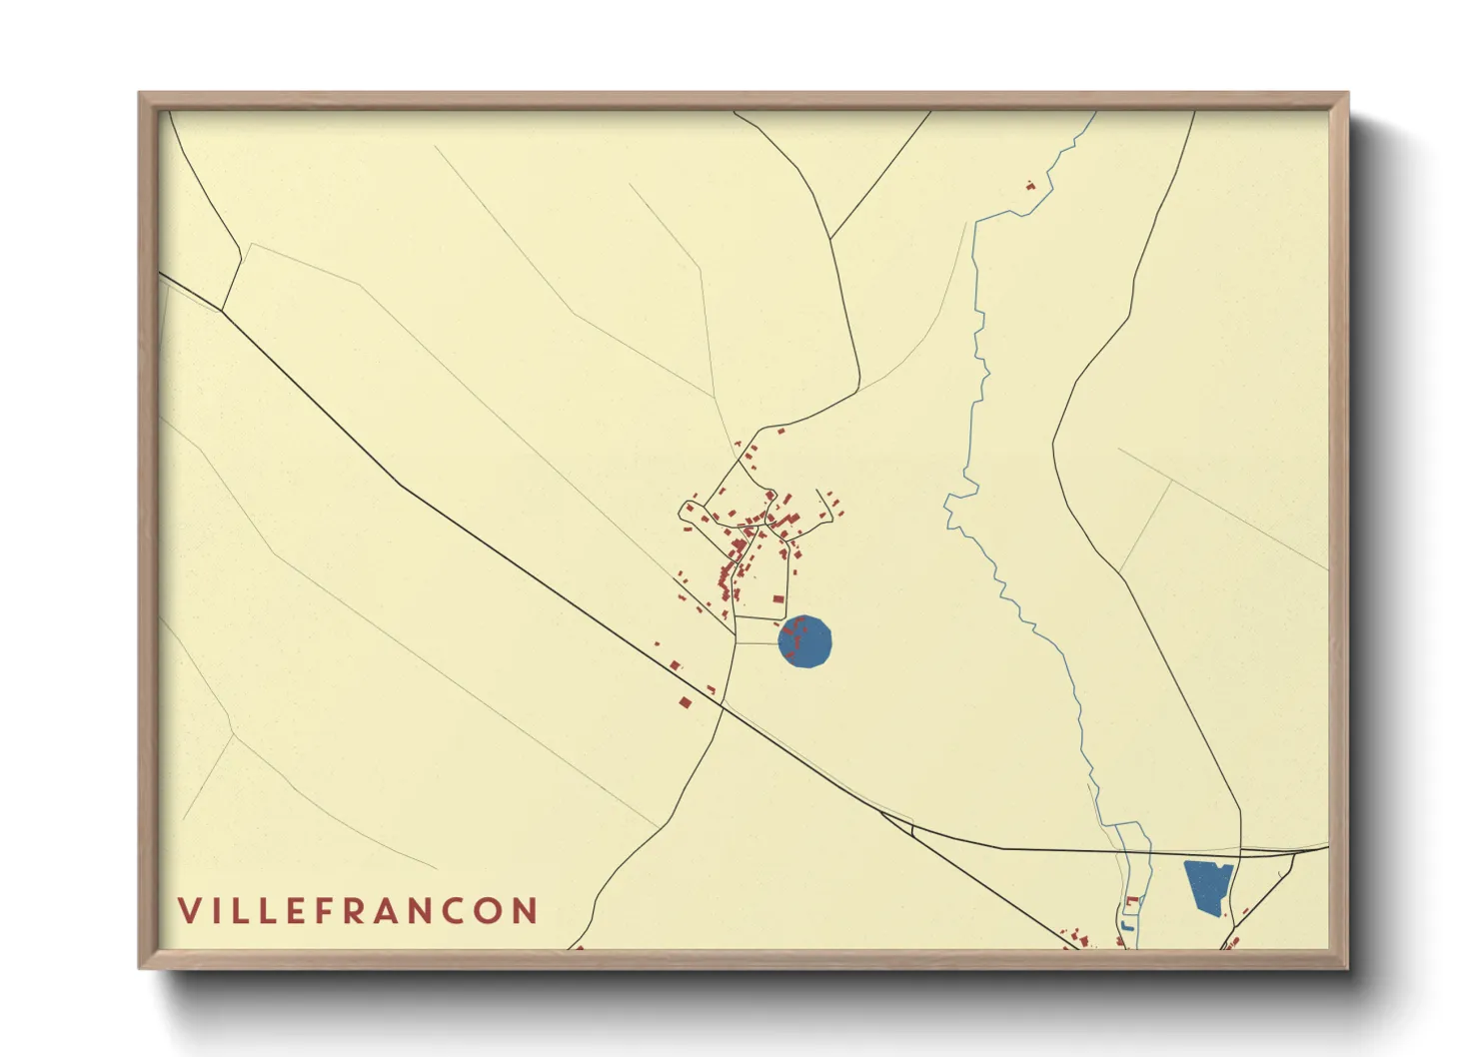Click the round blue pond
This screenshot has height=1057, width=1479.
(804, 641)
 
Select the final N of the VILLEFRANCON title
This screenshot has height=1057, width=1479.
(525, 911)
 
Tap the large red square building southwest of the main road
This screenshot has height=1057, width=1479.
(685, 702)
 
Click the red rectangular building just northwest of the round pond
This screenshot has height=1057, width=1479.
(778, 598)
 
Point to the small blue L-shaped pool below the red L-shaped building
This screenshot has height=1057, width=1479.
(1127, 926)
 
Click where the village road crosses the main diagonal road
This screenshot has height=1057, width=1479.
(722, 706)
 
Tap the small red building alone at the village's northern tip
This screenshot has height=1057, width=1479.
(780, 431)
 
